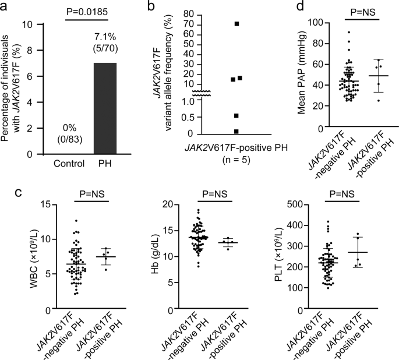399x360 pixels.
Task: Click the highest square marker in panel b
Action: [236, 24]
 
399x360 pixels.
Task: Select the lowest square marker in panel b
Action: [236, 132]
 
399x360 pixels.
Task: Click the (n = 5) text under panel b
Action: [236, 157]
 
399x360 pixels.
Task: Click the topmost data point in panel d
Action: [348, 32]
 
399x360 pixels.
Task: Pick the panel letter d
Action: [299, 6]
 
